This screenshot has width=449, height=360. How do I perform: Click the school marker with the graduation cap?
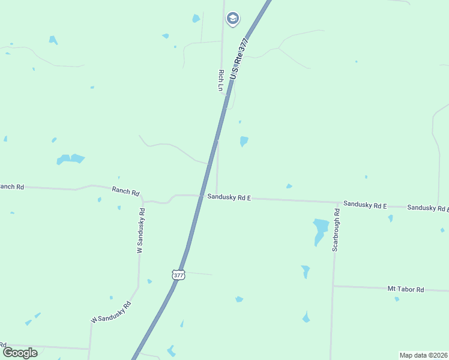tap(232, 19)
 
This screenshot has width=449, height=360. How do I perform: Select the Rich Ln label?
tap(221, 80)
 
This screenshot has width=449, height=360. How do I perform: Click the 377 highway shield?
tap(178, 275)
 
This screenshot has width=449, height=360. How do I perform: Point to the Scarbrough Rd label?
tap(336, 230)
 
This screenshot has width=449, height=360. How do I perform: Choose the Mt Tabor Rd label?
tap(406, 289)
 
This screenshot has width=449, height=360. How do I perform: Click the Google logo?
tap(20, 352)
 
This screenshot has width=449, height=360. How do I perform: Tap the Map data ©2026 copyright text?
tap(423, 355)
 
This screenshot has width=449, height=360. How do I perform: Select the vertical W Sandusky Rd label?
tap(141, 230)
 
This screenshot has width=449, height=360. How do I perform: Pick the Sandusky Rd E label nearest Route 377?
tap(229, 197)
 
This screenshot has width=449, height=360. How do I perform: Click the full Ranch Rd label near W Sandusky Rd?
tap(125, 191)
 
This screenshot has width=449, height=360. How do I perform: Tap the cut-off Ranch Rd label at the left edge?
tap(11, 187)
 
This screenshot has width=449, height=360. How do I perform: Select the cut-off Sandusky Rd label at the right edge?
tap(428, 208)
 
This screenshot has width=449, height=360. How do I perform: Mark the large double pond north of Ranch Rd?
tap(70, 159)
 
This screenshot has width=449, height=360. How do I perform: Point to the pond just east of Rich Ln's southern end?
tap(244, 142)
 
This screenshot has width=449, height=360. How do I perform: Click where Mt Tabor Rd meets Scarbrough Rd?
tap(333, 286)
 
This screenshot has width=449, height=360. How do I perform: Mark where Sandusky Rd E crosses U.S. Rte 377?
tap(200, 196)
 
